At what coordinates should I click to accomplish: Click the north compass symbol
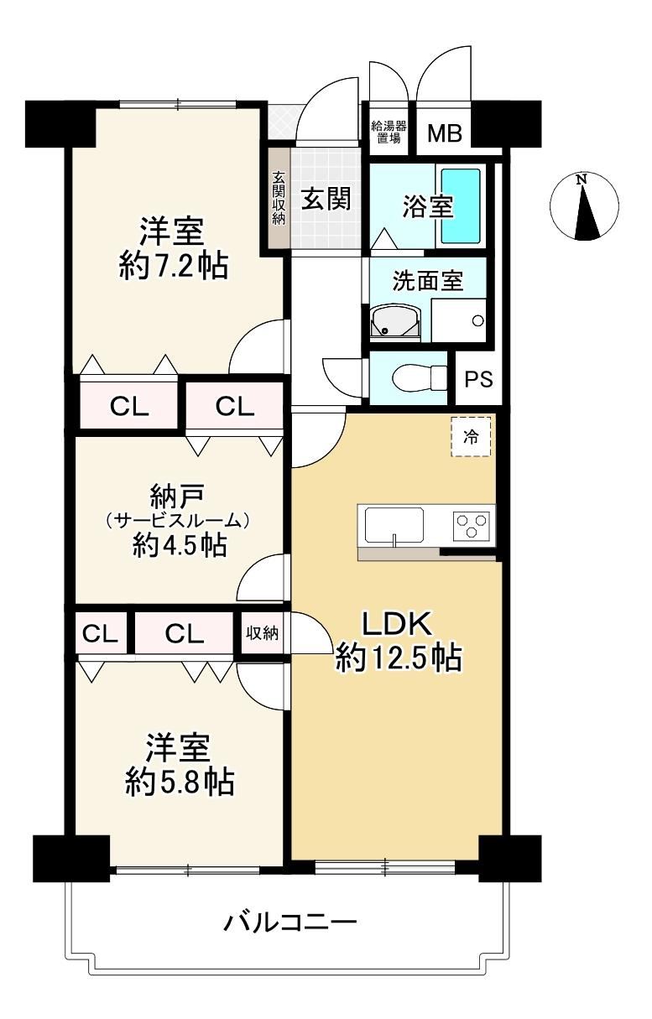[584, 206]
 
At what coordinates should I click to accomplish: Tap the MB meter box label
[445, 133]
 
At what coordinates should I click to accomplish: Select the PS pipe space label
[479, 379]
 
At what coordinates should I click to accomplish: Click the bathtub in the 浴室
[461, 206]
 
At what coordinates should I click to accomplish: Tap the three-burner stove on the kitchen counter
[471, 526]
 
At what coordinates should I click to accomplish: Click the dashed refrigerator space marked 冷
[471, 437]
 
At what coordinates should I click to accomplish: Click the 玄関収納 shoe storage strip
[278, 197]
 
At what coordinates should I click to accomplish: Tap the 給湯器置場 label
[389, 132]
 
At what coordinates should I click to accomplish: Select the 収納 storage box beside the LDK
[262, 633]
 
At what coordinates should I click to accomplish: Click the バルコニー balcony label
[290, 920]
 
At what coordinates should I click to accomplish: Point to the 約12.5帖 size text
[399, 657]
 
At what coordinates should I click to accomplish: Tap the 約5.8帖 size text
[180, 782]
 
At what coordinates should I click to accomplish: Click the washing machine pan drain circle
[477, 320]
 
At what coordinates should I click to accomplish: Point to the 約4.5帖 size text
[180, 544]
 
